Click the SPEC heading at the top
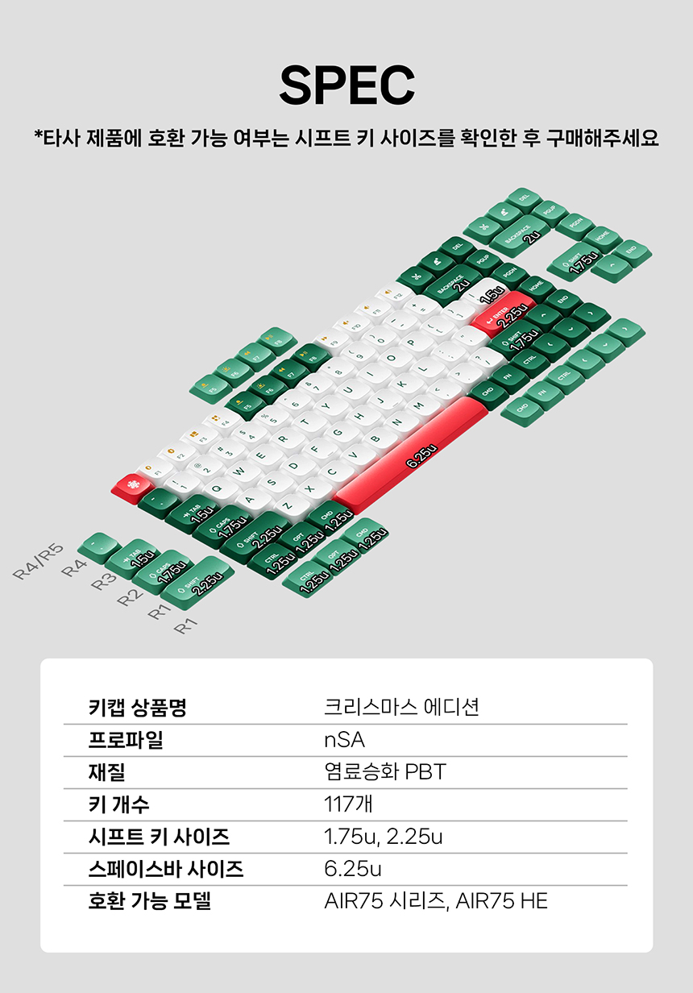pos(346,85)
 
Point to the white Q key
pos(216,485)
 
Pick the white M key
pos(421,401)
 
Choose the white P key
pos(409,342)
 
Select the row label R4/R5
pos(37,562)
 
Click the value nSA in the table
pos(344,740)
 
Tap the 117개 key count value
pos(348,804)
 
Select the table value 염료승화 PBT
pos(384,772)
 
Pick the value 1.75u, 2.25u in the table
pos(383,837)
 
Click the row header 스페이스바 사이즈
pos(165,869)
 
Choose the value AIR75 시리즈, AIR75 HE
pos(435,901)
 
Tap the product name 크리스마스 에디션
pos(401,708)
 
